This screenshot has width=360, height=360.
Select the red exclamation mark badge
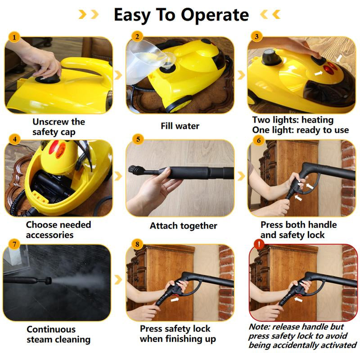coord(258,245)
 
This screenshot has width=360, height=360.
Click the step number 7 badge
coord(15,245)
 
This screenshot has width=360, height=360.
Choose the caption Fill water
coord(180,126)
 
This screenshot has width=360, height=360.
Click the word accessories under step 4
coord(49,235)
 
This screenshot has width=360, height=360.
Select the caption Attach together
coord(183,226)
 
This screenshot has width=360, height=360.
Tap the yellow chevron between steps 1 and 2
coord(118,75)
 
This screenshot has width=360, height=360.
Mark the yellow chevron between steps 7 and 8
coord(118,280)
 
